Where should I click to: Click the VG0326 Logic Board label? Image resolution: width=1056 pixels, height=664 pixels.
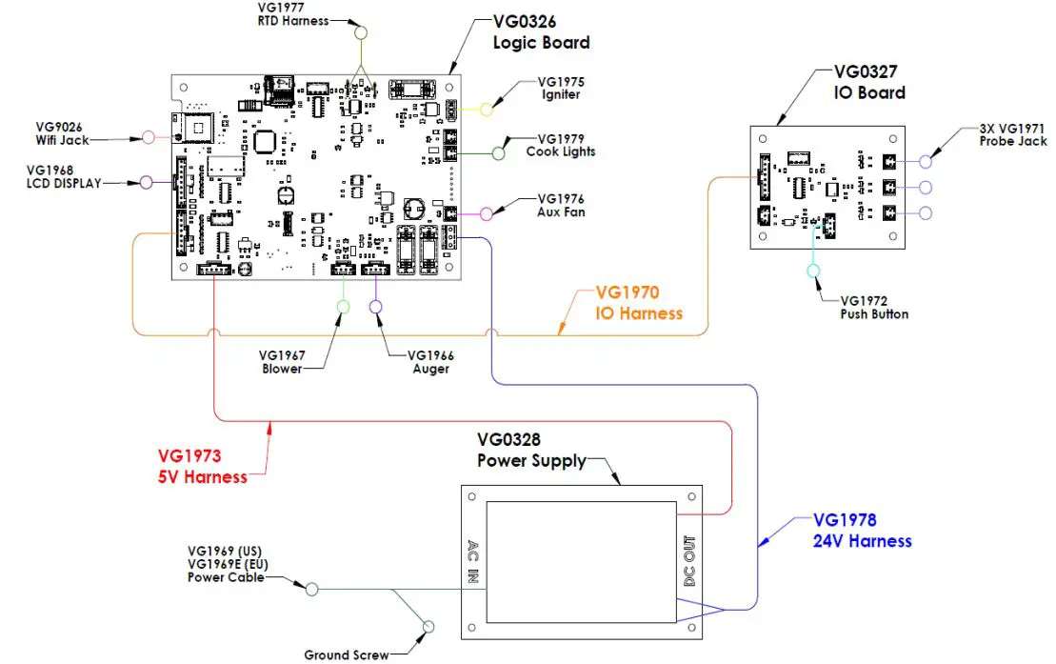pos(540,31)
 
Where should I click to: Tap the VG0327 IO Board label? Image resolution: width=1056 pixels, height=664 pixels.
pos(868,81)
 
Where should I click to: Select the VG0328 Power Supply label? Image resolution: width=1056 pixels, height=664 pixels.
pos(531,450)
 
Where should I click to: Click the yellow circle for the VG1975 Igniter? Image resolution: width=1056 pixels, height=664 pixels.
pos(487,109)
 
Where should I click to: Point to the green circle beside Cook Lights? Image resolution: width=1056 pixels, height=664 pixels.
pos(499,152)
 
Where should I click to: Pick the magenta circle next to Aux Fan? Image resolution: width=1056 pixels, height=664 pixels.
pos(488,213)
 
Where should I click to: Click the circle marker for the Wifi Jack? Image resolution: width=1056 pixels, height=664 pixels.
pos(148,137)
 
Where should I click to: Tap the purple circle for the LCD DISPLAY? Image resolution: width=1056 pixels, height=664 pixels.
pos(147,182)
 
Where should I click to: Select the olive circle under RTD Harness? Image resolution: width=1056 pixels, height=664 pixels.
pos(361,33)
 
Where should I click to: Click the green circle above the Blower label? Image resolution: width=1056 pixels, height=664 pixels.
pos(344,306)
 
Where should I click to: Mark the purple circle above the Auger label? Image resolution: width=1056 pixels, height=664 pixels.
pos(375,306)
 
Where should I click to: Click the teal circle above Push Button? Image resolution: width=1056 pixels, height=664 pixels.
pos(813,272)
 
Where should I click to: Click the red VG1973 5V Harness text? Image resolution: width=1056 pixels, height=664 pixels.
pos(202,467)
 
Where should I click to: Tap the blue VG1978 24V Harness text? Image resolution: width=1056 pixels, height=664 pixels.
pos(862,531)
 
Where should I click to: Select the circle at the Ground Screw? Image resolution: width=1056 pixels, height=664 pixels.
pos(428,626)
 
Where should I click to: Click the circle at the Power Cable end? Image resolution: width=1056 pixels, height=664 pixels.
pos(310,589)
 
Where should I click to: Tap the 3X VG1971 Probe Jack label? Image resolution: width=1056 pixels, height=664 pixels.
pos(1012,134)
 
